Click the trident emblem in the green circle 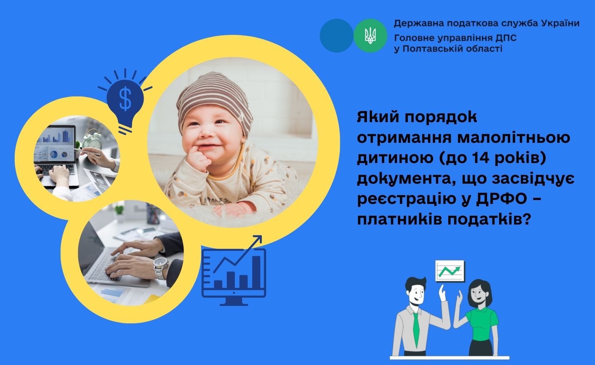370,36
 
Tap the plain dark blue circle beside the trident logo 336,36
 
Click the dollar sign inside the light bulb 125,99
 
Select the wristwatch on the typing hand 161,268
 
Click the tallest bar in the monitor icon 256,272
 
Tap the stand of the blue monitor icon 234,301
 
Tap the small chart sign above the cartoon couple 450,271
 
